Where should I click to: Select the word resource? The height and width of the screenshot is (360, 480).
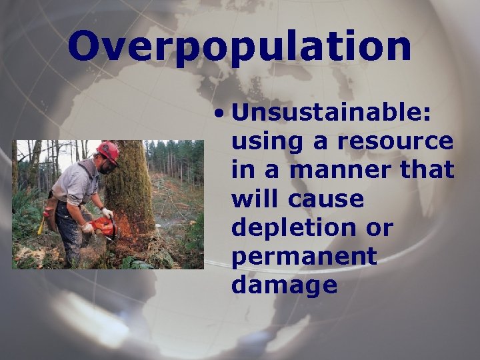click(x=395, y=141)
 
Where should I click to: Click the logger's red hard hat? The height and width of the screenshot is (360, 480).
click(x=108, y=152)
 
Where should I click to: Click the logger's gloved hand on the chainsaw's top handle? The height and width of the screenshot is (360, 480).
click(x=107, y=213)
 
